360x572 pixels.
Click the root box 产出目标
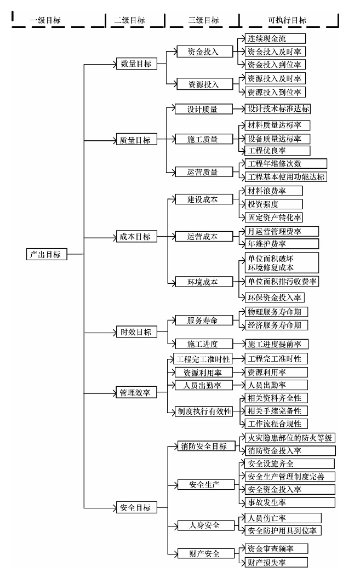point(47,254)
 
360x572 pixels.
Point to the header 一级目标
point(45,20)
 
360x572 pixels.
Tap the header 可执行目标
point(287,20)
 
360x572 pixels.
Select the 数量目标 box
point(136,64)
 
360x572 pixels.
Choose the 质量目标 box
point(136,139)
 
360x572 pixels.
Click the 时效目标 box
point(136,331)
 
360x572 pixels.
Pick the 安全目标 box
point(136,507)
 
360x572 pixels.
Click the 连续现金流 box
point(275,38)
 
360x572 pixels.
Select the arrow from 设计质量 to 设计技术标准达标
point(238,108)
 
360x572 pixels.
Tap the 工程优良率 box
point(277,150)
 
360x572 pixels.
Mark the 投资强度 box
point(273,204)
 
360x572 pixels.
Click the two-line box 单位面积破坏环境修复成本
point(282,262)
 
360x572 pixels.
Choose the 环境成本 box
point(204,282)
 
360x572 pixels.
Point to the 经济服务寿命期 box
point(276,325)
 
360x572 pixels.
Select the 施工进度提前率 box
point(276,344)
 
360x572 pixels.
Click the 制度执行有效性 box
point(204,411)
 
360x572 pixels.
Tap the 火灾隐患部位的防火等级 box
point(290,438)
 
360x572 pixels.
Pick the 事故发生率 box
point(290,502)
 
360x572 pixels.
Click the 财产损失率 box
point(276,562)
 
